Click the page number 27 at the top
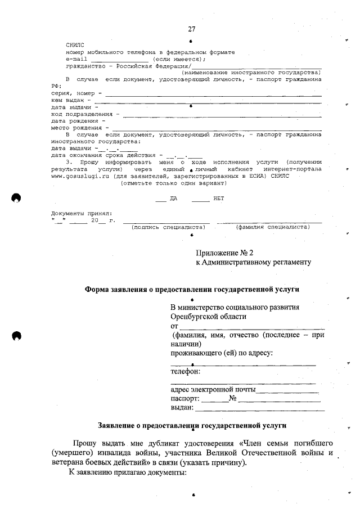[x=192, y=29]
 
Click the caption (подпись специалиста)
[x=168, y=227]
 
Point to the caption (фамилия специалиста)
[x=273, y=227]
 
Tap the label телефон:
[x=186, y=371]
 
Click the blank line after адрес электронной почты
[x=287, y=389]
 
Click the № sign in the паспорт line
[x=232, y=398]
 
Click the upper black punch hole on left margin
[x=17, y=197]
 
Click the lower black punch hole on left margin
[x=17, y=336]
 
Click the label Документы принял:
[x=81, y=213]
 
